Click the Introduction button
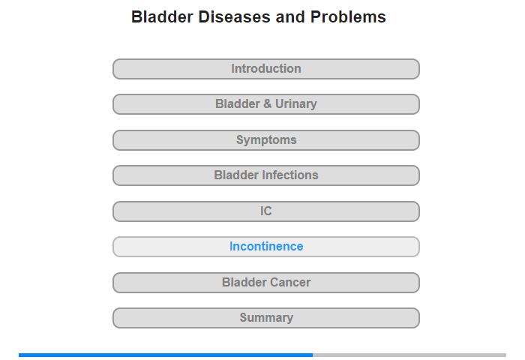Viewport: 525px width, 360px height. tap(266, 69)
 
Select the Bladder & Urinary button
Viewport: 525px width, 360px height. tap(266, 104)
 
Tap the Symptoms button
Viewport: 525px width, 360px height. tap(266, 140)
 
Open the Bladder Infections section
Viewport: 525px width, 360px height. tap(266, 175)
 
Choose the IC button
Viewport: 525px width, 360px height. tap(266, 211)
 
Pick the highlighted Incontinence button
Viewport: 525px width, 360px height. tap(266, 247)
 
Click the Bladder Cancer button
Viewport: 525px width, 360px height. tap(266, 283)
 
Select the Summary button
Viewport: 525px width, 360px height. tap(266, 318)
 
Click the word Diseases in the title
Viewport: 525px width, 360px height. tap(234, 16)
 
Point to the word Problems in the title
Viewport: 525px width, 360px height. tap(348, 17)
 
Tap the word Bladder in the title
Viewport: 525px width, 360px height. tap(162, 16)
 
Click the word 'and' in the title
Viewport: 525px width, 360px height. tap(290, 16)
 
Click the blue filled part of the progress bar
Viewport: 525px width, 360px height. tap(166, 355)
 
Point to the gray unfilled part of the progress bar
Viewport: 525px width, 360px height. tap(409, 355)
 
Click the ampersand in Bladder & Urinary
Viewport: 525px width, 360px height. tap(268, 103)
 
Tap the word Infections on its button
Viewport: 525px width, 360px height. tap(290, 175)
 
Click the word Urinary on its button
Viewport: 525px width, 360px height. tap(296, 104)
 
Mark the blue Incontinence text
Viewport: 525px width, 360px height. tap(266, 247)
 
